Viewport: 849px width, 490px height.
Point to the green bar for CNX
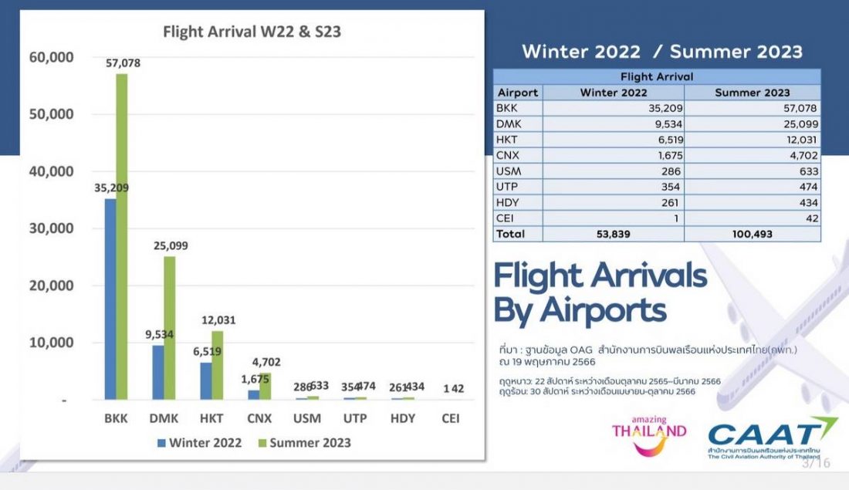(x=264, y=387)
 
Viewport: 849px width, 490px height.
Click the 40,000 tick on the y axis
(x=51, y=171)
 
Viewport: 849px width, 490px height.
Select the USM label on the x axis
(x=308, y=419)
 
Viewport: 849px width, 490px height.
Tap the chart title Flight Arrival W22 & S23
(x=252, y=32)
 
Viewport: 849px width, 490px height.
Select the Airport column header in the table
(x=517, y=93)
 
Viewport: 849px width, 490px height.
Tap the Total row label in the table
(x=511, y=234)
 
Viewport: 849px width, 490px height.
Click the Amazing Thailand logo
(x=648, y=434)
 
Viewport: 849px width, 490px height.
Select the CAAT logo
(x=772, y=439)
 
